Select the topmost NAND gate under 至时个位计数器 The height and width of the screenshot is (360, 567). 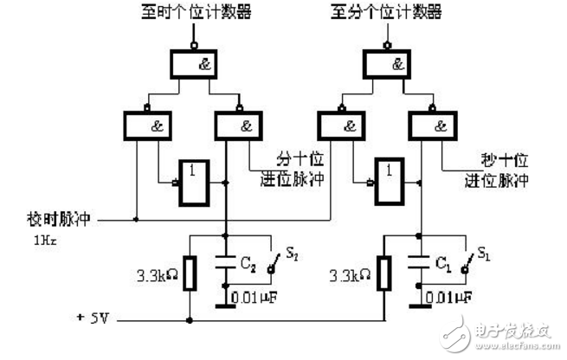tap(196, 64)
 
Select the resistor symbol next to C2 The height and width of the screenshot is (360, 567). tap(190, 273)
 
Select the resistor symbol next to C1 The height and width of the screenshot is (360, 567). tap(385, 273)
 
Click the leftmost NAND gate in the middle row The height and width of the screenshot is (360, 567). tap(149, 126)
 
